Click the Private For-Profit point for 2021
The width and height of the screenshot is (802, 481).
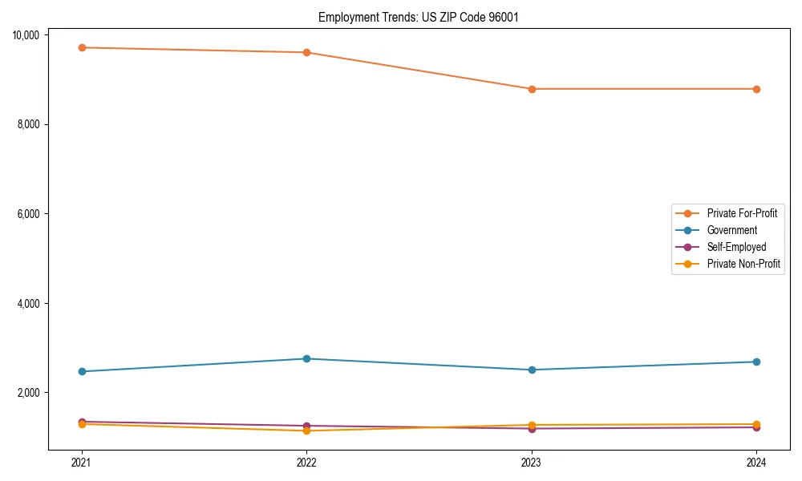(82, 47)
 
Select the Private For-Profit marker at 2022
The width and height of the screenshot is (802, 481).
(306, 52)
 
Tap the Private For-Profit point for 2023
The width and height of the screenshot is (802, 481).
(532, 89)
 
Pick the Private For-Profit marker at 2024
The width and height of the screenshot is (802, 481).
(756, 89)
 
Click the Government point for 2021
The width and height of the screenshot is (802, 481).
(82, 371)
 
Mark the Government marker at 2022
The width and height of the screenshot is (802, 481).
(306, 358)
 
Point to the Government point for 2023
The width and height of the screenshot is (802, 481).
(532, 370)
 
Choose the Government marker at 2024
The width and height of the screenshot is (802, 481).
(756, 362)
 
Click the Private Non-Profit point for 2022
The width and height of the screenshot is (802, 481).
(306, 430)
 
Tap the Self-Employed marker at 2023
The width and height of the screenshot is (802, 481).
(532, 428)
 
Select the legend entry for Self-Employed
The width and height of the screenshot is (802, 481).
(736, 247)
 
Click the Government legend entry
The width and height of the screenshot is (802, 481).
(731, 230)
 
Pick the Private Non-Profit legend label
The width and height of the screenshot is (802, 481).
(743, 264)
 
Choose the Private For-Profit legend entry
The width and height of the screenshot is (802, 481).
(742, 213)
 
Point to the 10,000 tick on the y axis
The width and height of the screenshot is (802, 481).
(28, 34)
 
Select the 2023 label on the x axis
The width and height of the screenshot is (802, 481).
(532, 462)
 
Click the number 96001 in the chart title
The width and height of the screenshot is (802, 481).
(503, 17)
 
